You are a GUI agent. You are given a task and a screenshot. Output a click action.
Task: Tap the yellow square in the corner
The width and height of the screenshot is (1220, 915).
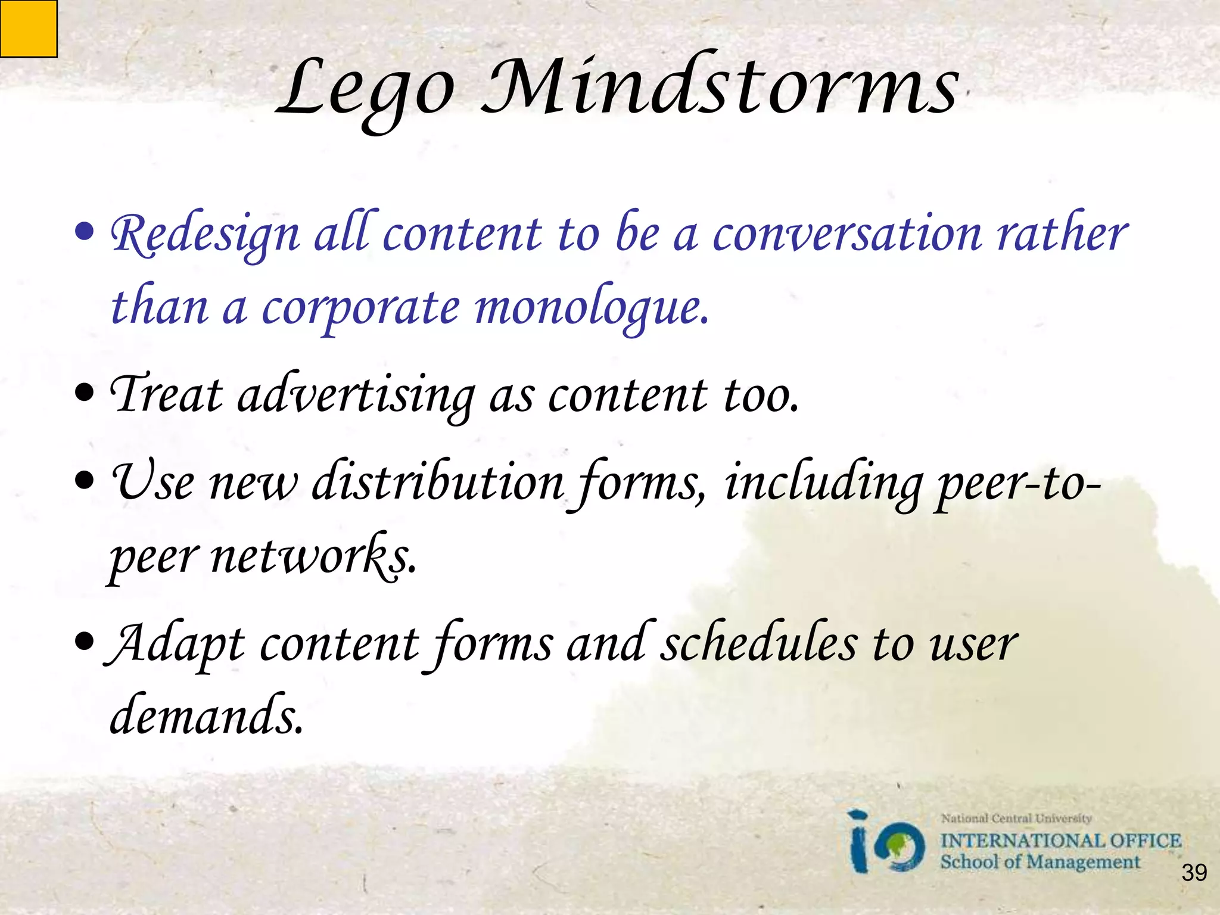pyautogui.click(x=28, y=29)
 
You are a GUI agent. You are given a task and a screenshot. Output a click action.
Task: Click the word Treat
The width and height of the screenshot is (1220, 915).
pyautogui.click(x=167, y=394)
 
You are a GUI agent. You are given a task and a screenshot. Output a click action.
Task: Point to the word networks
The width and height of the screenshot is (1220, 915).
pyautogui.click(x=313, y=557)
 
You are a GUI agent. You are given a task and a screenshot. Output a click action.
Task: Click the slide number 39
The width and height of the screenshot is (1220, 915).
pyautogui.click(x=1194, y=873)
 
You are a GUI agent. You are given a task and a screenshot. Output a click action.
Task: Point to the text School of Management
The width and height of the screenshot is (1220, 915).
pyautogui.click(x=1040, y=862)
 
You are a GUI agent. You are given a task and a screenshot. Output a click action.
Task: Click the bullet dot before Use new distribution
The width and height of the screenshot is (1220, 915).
pyautogui.click(x=85, y=480)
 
